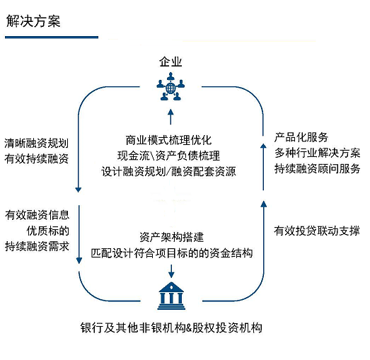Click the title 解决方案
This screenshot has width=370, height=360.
tap(33, 21)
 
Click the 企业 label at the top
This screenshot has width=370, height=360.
tap(170, 62)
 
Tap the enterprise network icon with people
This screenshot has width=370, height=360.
tap(170, 86)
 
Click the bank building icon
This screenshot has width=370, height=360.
tap(171, 296)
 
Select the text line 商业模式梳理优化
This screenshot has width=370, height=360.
tap(168, 140)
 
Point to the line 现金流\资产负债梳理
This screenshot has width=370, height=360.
tap(168, 156)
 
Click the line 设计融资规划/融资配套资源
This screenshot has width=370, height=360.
tap(168, 171)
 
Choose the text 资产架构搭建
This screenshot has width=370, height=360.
tap(171, 237)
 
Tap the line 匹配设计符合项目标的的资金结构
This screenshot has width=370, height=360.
tap(172, 253)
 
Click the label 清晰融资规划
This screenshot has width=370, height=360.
tap(37, 143)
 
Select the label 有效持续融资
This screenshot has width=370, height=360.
tap(37, 158)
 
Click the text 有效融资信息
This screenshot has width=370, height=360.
tap(37, 215)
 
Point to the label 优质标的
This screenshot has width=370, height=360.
tap(48, 231)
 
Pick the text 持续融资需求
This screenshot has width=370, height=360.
tap(37, 247)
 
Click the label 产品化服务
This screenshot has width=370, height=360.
tap(301, 137)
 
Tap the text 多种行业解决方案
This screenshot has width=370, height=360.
tap(318, 153)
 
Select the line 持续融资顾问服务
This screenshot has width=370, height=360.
tap(318, 168)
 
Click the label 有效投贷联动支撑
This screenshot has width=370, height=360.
tap(317, 231)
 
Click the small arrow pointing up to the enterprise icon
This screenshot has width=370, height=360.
tap(170, 117)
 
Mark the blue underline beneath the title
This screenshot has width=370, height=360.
tap(52, 37)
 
